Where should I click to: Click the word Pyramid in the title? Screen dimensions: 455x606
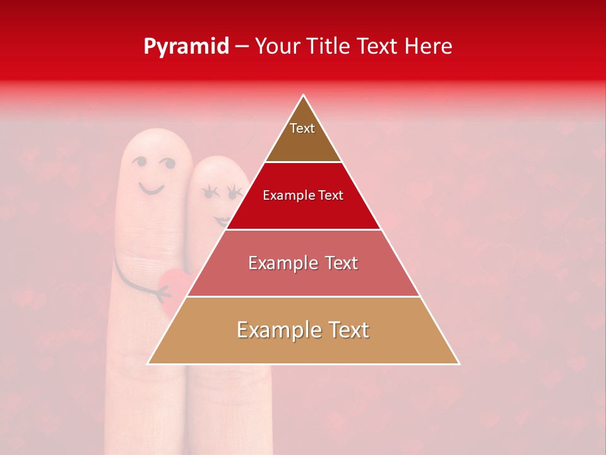pos(186,47)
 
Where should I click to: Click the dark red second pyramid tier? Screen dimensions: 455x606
pos(303,196)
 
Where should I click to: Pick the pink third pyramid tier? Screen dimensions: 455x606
pos(303,263)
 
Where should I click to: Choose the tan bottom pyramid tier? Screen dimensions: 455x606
pos(303,331)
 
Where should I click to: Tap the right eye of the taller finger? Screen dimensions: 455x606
pos(167,164)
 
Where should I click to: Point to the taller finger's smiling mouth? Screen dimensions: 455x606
pos(151,188)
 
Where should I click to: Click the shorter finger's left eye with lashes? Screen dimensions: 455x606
pos(209,190)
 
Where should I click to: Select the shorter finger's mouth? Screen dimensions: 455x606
pos(222,220)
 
